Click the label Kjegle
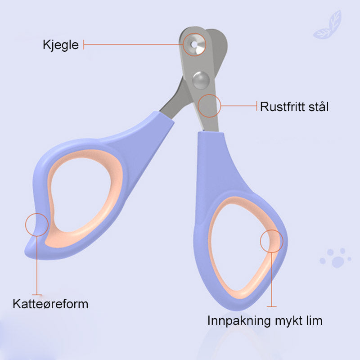click(61, 45)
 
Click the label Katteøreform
click(50, 304)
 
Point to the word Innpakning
click(239, 321)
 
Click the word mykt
click(288, 321)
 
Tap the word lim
click(314, 320)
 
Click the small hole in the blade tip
click(194, 44)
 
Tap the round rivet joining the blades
click(201, 80)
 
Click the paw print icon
click(335, 258)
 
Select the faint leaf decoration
click(328, 25)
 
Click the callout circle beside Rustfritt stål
click(209, 106)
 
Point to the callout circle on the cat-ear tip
click(37, 225)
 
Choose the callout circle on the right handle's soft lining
click(272, 241)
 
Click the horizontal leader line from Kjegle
click(133, 45)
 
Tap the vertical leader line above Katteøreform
click(37, 265)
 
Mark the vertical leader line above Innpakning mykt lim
click(272, 279)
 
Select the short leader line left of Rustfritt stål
click(239, 106)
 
